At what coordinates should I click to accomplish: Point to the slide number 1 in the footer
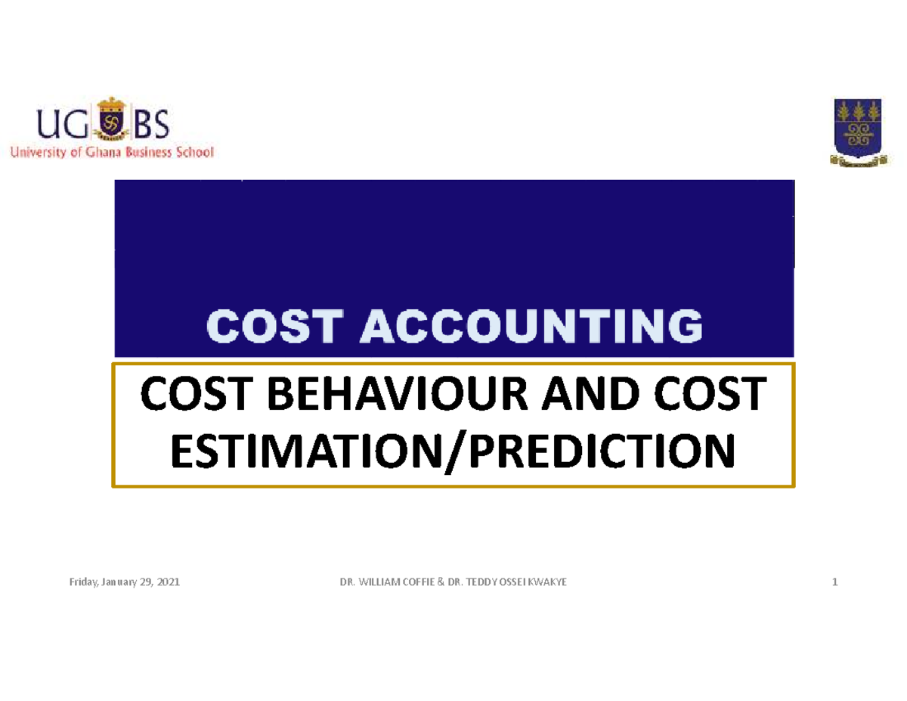[834, 582]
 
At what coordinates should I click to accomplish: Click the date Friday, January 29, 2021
[119, 582]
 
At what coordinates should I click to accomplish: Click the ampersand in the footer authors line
[438, 582]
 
